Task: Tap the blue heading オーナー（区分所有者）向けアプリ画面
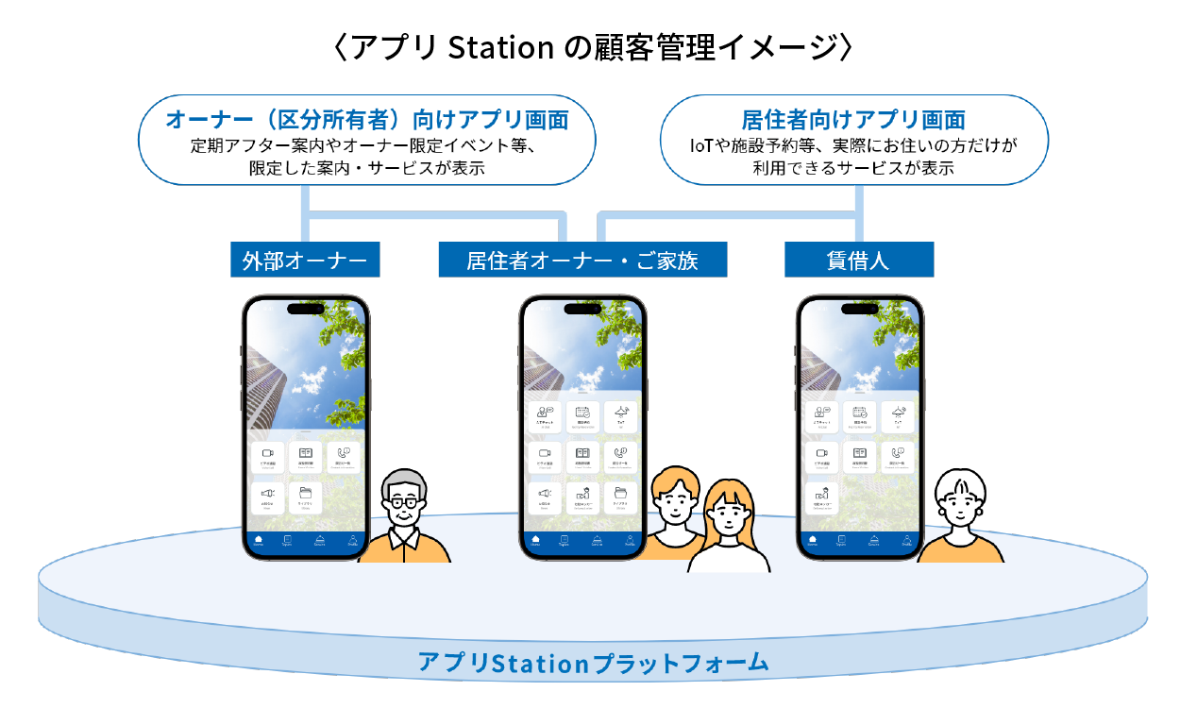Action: pyautogui.click(x=366, y=120)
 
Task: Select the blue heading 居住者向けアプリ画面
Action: pyautogui.click(x=853, y=120)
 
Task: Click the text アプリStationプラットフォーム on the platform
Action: pyautogui.click(x=594, y=663)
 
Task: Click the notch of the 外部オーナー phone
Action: pyautogui.click(x=305, y=308)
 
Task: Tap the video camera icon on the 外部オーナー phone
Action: pyautogui.click(x=267, y=454)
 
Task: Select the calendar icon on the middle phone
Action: pyautogui.click(x=582, y=412)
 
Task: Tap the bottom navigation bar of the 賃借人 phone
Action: pyautogui.click(x=859, y=543)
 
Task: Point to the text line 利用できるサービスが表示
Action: pyautogui.click(x=853, y=168)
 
